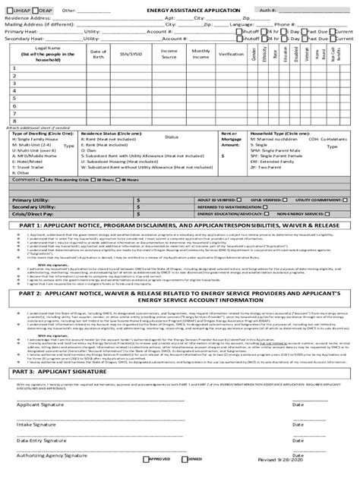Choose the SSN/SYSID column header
(130, 55)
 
